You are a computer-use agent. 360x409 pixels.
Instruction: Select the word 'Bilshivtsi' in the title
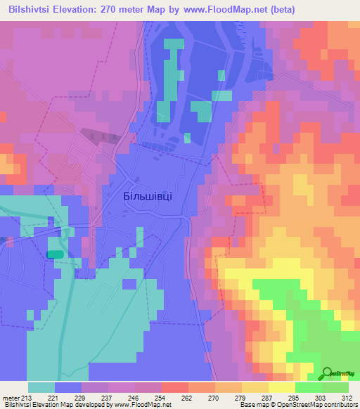point(29,9)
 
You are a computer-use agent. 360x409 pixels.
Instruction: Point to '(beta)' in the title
point(280,9)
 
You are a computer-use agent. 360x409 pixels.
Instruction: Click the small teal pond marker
point(55,254)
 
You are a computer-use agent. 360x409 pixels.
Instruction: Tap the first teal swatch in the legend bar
point(41,387)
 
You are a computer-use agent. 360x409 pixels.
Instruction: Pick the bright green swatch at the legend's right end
point(335,387)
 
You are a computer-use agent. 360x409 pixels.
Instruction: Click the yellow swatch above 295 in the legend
point(281,387)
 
